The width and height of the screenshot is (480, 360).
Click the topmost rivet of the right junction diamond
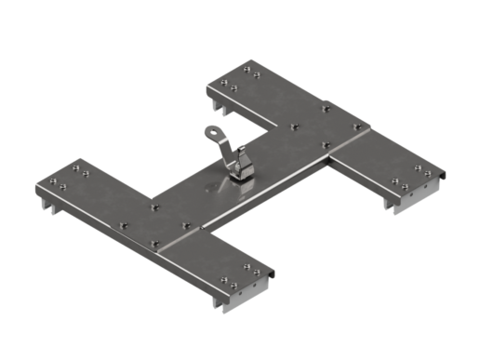pyautogui.click(x=326, y=109)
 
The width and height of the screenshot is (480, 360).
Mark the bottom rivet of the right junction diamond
pyautogui.click(x=325, y=144)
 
